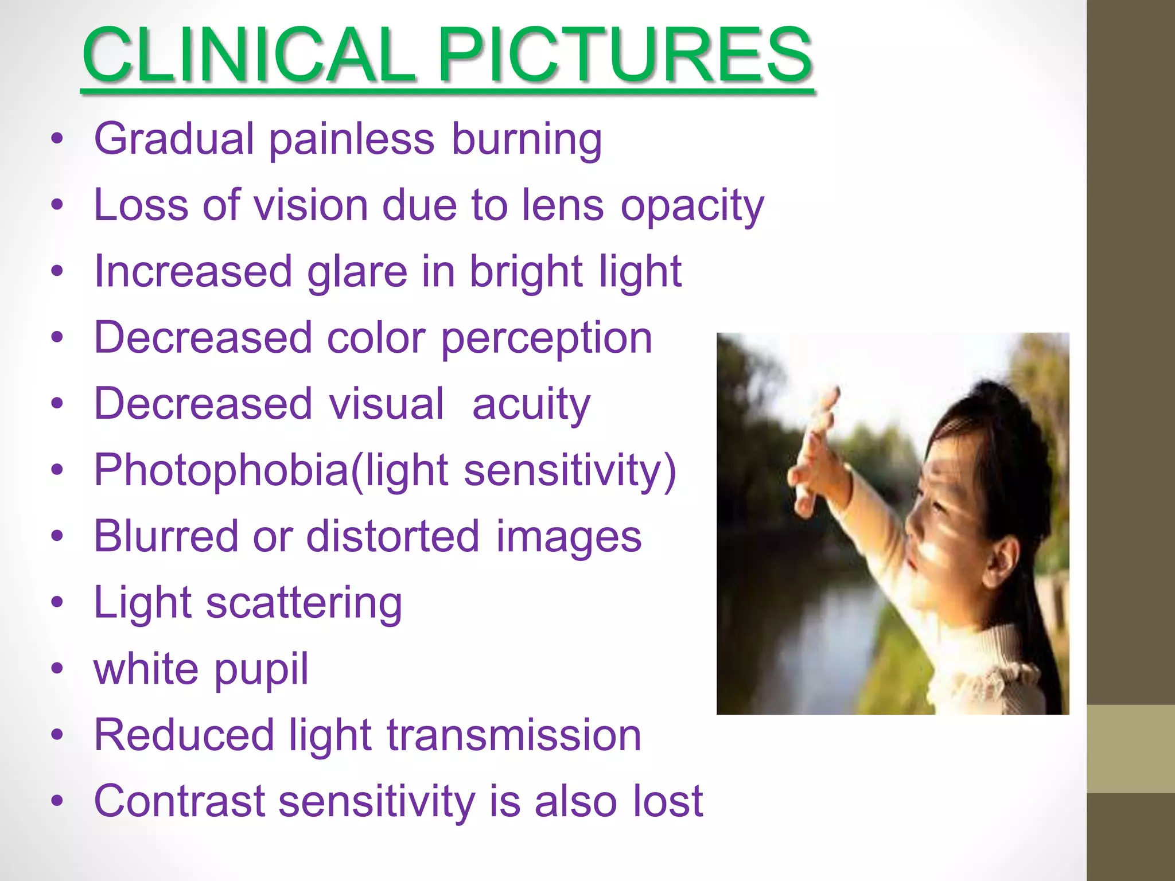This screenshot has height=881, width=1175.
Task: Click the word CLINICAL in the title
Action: click(249, 55)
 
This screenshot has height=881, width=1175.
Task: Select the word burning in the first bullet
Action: click(526, 140)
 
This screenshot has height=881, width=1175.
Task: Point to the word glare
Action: click(357, 272)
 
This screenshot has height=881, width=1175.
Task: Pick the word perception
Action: click(546, 338)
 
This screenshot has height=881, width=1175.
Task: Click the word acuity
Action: click(531, 405)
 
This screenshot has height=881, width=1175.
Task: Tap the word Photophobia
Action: click(221, 471)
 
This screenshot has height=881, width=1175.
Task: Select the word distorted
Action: click(392, 537)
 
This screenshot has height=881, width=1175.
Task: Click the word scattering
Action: click(304, 603)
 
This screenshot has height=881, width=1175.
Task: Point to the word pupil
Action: click(261, 670)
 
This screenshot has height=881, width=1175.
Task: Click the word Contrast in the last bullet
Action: click(179, 801)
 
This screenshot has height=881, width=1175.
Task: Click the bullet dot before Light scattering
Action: click(56, 603)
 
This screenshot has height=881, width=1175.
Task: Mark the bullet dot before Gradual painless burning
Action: click(56, 140)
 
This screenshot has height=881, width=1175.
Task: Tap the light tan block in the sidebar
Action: click(1130, 749)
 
